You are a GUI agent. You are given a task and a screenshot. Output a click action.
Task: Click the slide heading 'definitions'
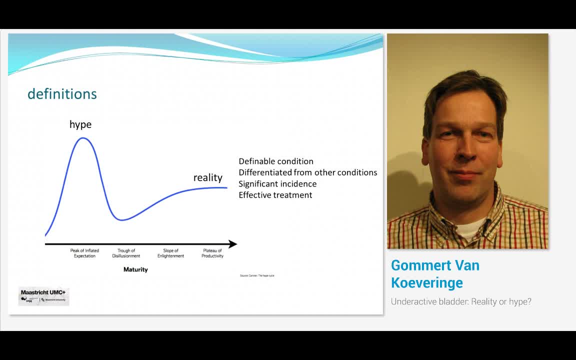click(x=62, y=94)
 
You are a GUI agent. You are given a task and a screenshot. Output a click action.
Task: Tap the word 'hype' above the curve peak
click(x=80, y=124)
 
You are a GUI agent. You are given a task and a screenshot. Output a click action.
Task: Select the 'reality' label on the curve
click(x=208, y=177)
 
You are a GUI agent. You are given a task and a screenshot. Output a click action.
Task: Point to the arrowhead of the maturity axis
click(x=232, y=244)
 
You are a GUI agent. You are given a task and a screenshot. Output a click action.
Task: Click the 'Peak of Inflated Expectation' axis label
click(x=84, y=253)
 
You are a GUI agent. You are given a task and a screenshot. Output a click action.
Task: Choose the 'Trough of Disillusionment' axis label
click(x=126, y=253)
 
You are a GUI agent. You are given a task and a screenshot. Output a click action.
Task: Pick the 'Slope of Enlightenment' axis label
click(x=170, y=253)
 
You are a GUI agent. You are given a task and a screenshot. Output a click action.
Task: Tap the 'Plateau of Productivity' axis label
click(x=212, y=253)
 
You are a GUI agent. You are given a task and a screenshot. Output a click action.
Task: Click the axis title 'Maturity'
click(x=135, y=269)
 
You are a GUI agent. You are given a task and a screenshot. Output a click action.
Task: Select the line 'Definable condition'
click(x=276, y=161)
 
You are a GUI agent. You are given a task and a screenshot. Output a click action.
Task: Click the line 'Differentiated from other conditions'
click(x=307, y=172)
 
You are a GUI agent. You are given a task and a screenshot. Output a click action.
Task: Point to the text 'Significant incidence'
click(x=277, y=184)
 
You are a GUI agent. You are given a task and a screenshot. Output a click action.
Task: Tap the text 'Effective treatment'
click(x=275, y=195)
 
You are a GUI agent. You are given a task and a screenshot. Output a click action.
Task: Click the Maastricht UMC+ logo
click(x=43, y=296)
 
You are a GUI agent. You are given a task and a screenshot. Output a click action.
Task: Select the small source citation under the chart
click(x=257, y=276)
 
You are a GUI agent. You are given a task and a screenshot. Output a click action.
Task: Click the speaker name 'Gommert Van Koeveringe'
click(x=435, y=273)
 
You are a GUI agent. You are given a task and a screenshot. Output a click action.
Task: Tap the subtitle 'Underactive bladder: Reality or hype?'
click(x=461, y=301)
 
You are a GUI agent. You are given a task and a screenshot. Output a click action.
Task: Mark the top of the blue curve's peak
click(x=83, y=138)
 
